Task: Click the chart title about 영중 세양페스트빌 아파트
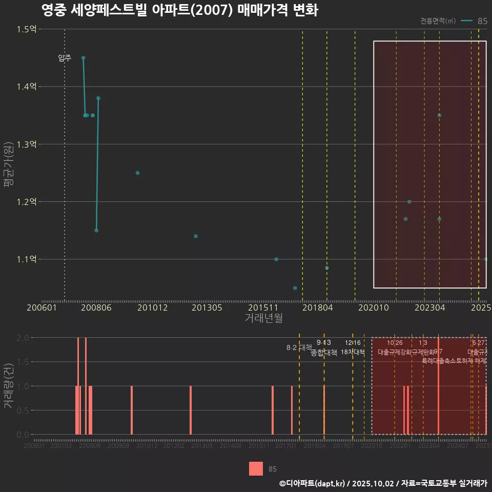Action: click(179, 10)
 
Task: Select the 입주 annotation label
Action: click(65, 58)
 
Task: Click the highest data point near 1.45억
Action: click(83, 58)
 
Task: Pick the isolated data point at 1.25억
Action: click(137, 173)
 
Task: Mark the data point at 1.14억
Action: click(196, 236)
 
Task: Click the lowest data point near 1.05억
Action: click(295, 288)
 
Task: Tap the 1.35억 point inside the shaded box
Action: click(439, 115)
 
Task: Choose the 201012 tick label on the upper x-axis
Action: click(152, 308)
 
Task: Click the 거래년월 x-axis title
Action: click(263, 318)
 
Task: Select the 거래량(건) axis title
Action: click(8, 386)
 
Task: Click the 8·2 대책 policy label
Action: click(299, 347)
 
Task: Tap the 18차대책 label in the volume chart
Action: click(353, 353)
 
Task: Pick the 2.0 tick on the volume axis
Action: click(23, 338)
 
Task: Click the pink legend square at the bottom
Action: click(256, 468)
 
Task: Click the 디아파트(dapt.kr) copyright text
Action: click(313, 483)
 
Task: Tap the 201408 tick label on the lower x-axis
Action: click(230, 446)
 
